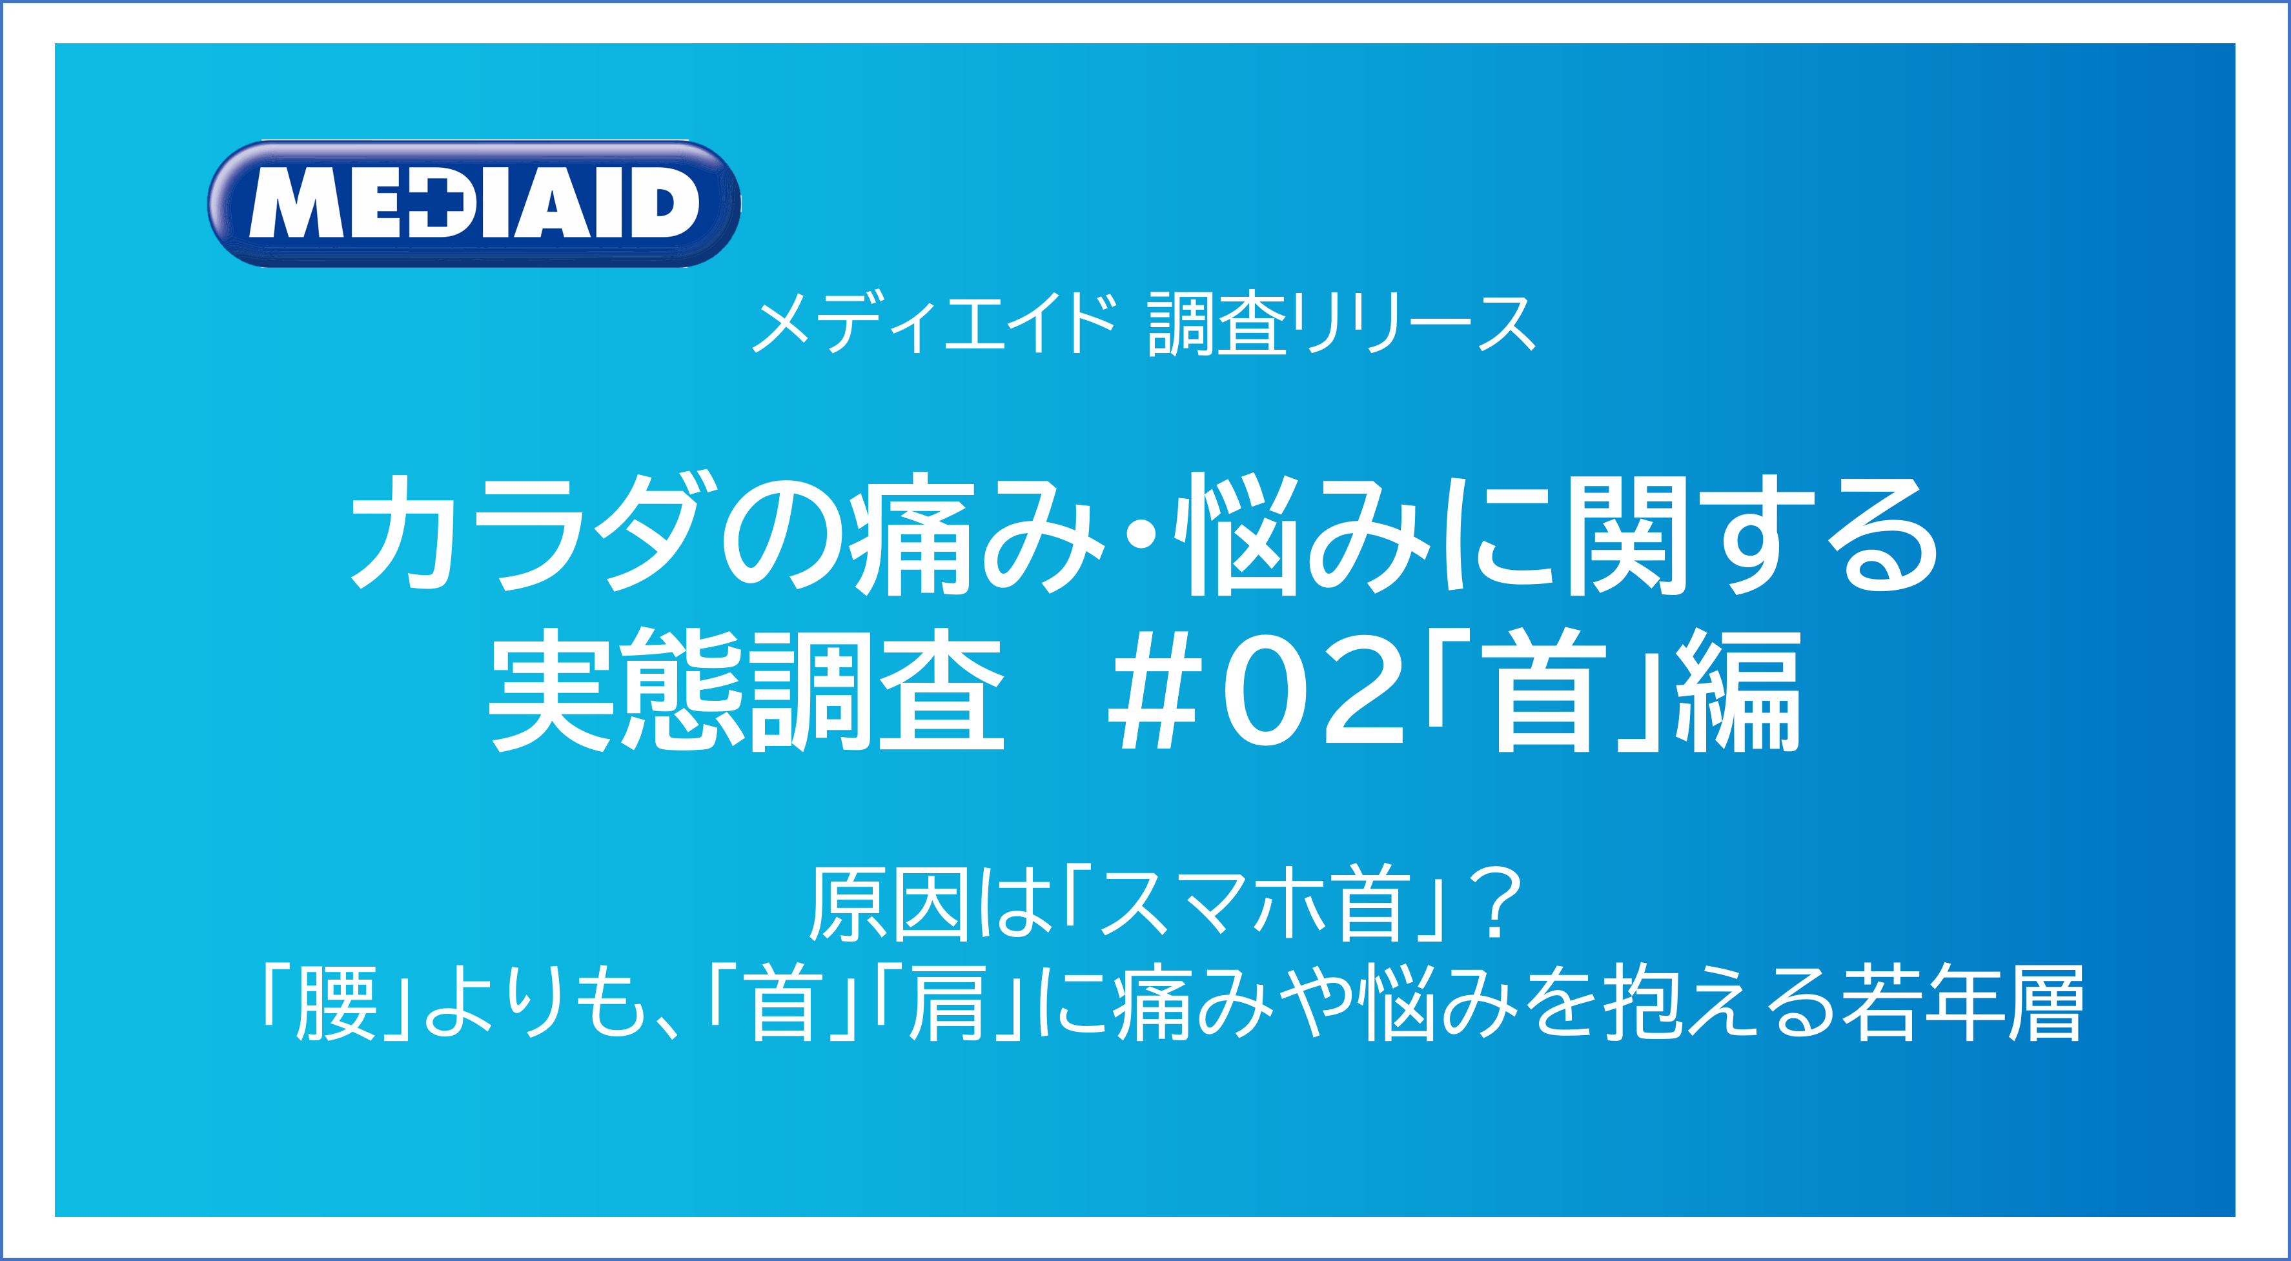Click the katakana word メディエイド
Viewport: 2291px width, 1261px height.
coord(934,324)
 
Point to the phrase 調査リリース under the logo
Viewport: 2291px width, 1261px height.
coord(1343,324)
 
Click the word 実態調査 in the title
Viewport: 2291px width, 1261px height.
coord(747,690)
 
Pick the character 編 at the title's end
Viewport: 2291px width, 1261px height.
coord(1738,690)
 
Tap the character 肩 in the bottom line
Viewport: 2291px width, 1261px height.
coord(946,1003)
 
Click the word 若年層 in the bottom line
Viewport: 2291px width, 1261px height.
coord(1962,1003)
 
